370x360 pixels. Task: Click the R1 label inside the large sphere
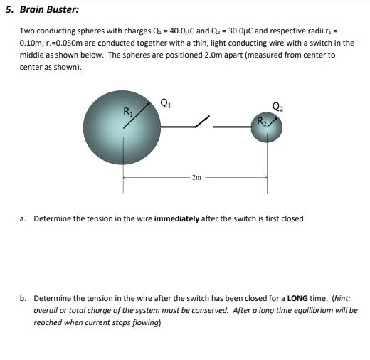tap(128, 111)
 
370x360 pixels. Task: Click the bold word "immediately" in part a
tap(176, 218)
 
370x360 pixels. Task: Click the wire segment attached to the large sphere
tap(175, 127)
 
